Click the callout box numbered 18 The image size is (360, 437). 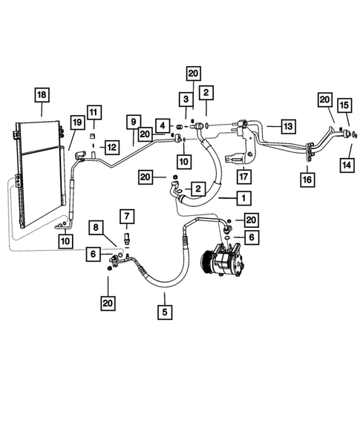[x=42, y=94]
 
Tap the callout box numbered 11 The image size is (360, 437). [x=93, y=112]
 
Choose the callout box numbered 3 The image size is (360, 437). [x=183, y=100]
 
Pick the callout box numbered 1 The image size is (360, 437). [x=242, y=198]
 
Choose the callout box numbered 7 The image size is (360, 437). [x=127, y=217]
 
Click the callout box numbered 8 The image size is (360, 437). [x=95, y=226]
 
